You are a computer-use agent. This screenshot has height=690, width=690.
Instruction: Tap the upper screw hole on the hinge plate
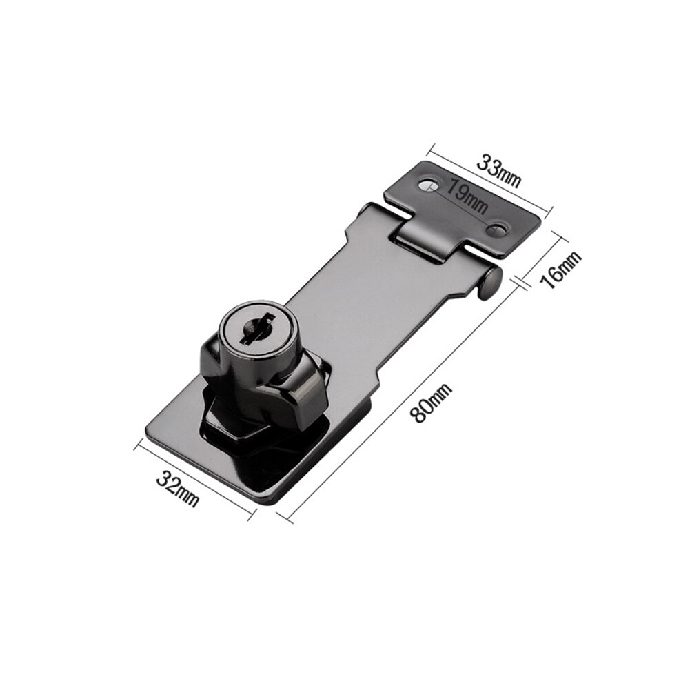point(428,185)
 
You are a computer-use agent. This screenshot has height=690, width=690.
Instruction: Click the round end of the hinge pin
point(491,281)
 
